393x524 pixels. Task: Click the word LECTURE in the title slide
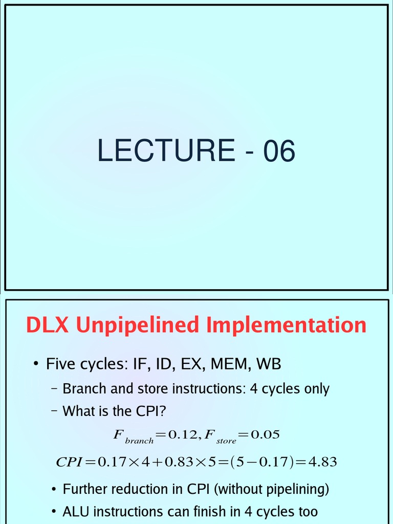pos(166,151)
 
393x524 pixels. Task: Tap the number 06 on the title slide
pos(279,151)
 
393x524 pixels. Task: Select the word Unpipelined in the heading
pos(137,326)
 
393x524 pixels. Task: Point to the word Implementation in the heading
pos(286,326)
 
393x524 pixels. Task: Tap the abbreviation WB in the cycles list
pos(269,364)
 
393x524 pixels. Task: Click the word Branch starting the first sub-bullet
pos(85,389)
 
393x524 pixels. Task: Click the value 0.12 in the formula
pos(184,435)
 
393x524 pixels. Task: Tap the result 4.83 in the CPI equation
pos(322,462)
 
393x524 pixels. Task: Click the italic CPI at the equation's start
pos(69,462)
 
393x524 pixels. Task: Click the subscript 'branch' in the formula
pos(139,440)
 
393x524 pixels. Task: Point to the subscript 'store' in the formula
pos(226,440)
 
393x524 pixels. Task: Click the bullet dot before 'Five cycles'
pos(36,364)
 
